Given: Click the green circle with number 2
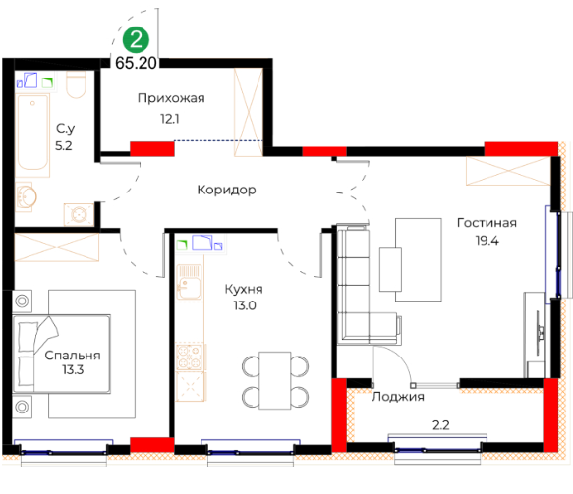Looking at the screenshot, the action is (136, 39).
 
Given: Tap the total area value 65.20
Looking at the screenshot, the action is (136, 63).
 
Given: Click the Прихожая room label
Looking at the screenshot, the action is (171, 98).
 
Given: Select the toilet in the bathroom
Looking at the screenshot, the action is (76, 84).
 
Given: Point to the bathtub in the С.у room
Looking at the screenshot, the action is (32, 136).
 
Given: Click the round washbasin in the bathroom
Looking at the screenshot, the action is (26, 196).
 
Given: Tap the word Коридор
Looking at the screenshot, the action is (227, 190).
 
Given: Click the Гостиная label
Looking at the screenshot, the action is (487, 223).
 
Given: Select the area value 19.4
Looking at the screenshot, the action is (487, 241).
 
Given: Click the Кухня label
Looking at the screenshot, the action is (244, 289).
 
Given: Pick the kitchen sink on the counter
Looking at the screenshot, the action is (189, 283).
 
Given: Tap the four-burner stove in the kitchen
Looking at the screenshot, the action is (190, 357).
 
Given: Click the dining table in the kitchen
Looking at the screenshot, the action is (275, 380).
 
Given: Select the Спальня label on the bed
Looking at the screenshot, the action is (73, 356).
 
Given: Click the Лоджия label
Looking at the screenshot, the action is (398, 397).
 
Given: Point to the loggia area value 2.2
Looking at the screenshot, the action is (440, 425).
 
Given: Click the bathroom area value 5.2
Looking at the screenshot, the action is (64, 146).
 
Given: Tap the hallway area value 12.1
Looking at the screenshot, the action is (170, 119).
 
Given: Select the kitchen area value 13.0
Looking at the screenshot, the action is (245, 305).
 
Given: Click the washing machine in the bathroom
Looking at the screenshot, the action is (79, 215).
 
